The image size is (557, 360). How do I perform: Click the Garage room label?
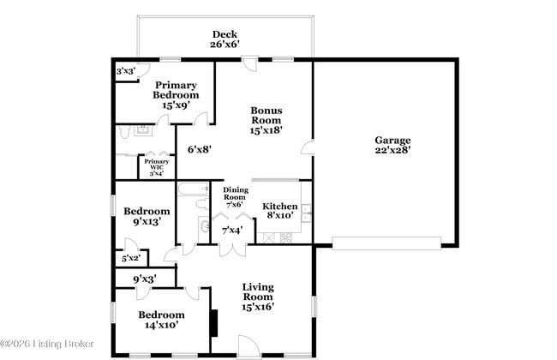click(x=392, y=145)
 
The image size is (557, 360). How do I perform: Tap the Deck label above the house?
click(x=225, y=39)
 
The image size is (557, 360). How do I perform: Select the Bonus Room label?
click(x=266, y=119)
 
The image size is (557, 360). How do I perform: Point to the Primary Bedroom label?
click(x=176, y=94)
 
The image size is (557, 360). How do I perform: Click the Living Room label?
click(x=257, y=297)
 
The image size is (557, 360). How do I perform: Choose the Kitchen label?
click(x=279, y=211)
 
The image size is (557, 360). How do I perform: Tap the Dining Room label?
click(x=236, y=197)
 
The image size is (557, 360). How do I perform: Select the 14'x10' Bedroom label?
click(x=162, y=320)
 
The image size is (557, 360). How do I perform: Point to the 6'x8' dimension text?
click(x=199, y=149)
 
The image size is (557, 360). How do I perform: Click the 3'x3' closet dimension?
click(x=126, y=72)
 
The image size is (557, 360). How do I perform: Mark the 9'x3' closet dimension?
click(x=145, y=279)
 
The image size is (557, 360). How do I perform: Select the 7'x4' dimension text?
click(x=232, y=230)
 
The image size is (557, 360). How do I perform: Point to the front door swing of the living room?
click(x=246, y=345)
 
